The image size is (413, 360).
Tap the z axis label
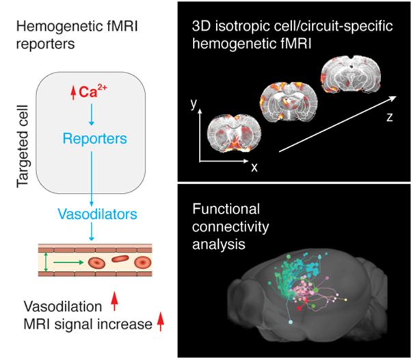tap(388, 117)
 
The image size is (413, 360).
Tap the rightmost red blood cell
tap(143, 262)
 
